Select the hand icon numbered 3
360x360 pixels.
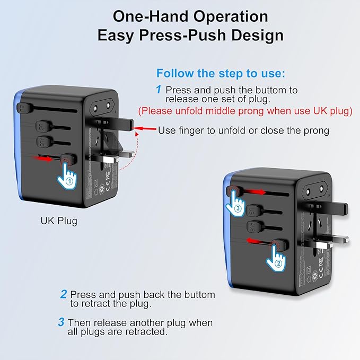[x=237, y=204]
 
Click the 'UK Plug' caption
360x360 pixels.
[x=59, y=221]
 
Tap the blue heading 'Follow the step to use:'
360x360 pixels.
[x=221, y=73]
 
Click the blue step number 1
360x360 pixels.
[x=158, y=90]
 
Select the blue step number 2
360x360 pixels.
[x=63, y=294]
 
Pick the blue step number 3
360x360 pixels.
[x=62, y=322]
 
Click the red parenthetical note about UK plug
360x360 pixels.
[x=245, y=111]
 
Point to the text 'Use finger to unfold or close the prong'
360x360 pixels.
[x=243, y=130]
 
